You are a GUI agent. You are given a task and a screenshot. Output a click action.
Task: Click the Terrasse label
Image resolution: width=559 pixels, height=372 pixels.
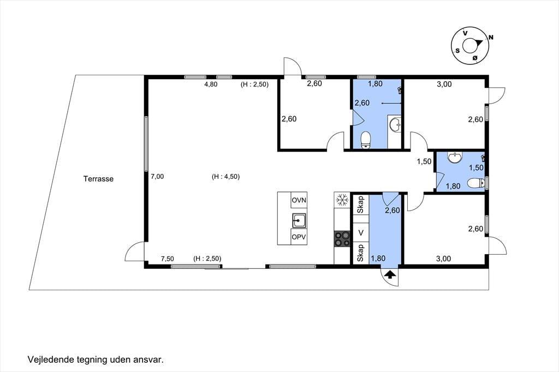point(98,179)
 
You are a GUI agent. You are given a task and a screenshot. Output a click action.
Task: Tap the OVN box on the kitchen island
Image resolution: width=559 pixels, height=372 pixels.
point(299,200)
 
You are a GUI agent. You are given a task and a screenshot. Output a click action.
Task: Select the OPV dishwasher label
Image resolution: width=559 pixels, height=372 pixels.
point(299,237)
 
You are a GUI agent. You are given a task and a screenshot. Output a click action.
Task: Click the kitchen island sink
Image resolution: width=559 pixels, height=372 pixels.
point(299,220)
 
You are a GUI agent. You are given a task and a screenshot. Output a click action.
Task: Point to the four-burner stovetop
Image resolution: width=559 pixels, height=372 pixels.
point(342,239)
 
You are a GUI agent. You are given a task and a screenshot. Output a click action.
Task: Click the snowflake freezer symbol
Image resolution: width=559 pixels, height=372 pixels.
point(342,200)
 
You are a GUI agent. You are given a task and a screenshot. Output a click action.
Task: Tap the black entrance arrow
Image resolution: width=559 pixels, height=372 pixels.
point(390,274)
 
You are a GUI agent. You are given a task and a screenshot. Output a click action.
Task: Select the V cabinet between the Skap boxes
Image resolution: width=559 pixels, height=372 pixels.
point(361,233)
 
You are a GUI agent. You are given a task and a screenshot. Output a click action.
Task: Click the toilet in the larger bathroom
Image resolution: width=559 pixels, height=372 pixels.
point(366,140)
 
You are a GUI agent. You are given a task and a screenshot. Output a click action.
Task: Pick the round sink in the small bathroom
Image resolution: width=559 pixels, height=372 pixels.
point(454,157)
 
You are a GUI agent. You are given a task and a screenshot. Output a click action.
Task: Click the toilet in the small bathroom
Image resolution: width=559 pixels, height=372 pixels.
point(475,183)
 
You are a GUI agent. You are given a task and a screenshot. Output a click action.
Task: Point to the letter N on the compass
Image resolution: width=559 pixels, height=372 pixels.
point(491,37)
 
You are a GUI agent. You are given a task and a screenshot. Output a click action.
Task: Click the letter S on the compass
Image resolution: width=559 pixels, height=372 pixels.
point(457,51)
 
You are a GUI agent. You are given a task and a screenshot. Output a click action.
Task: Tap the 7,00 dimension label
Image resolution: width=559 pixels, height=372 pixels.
point(157,176)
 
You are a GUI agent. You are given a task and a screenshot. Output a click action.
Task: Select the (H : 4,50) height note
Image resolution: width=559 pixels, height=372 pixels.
point(225,176)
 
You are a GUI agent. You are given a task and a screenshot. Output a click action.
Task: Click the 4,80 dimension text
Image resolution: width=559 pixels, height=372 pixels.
point(211,85)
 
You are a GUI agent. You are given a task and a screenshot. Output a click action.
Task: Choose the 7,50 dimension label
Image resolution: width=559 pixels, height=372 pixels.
point(167,259)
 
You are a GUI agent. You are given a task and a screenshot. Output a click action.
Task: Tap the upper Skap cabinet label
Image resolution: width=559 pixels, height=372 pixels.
point(361,205)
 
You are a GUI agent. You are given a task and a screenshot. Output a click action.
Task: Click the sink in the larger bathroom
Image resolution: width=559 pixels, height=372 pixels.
point(395,125)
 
